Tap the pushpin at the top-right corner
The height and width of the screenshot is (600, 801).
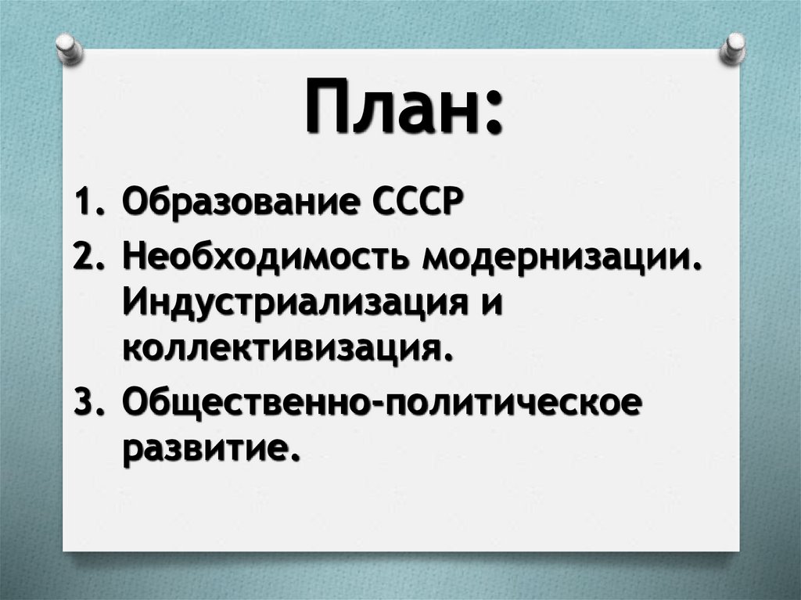(x=733, y=48)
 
